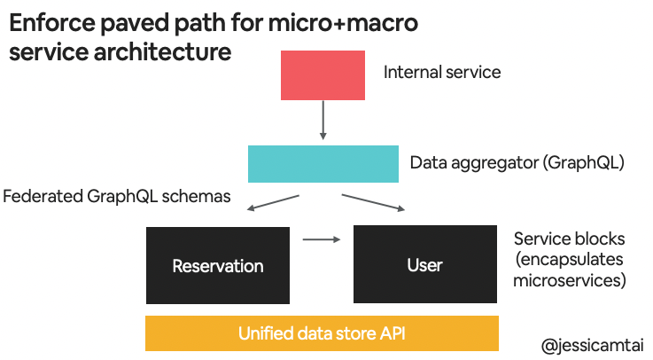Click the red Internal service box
(323, 75)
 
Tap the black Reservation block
(218, 265)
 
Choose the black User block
(425, 265)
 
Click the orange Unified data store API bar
(323, 333)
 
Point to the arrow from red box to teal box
(323, 121)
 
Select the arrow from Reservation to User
(322, 239)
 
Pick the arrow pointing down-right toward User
(373, 202)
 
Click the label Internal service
(441, 72)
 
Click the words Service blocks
(569, 239)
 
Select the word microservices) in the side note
(570, 282)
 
